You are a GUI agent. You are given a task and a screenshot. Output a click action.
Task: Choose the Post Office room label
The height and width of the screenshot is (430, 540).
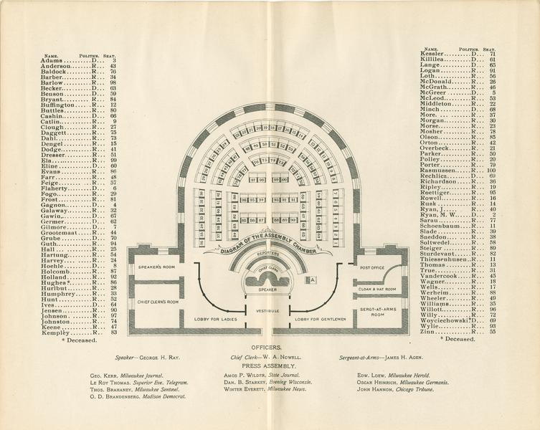tap(372, 267)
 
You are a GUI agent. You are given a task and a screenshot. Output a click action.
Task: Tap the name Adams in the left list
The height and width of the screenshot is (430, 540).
tap(52, 60)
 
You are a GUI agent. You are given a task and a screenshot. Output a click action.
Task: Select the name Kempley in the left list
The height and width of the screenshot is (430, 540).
tap(57, 333)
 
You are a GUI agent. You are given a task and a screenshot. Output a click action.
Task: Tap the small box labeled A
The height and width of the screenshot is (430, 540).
tap(312, 279)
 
